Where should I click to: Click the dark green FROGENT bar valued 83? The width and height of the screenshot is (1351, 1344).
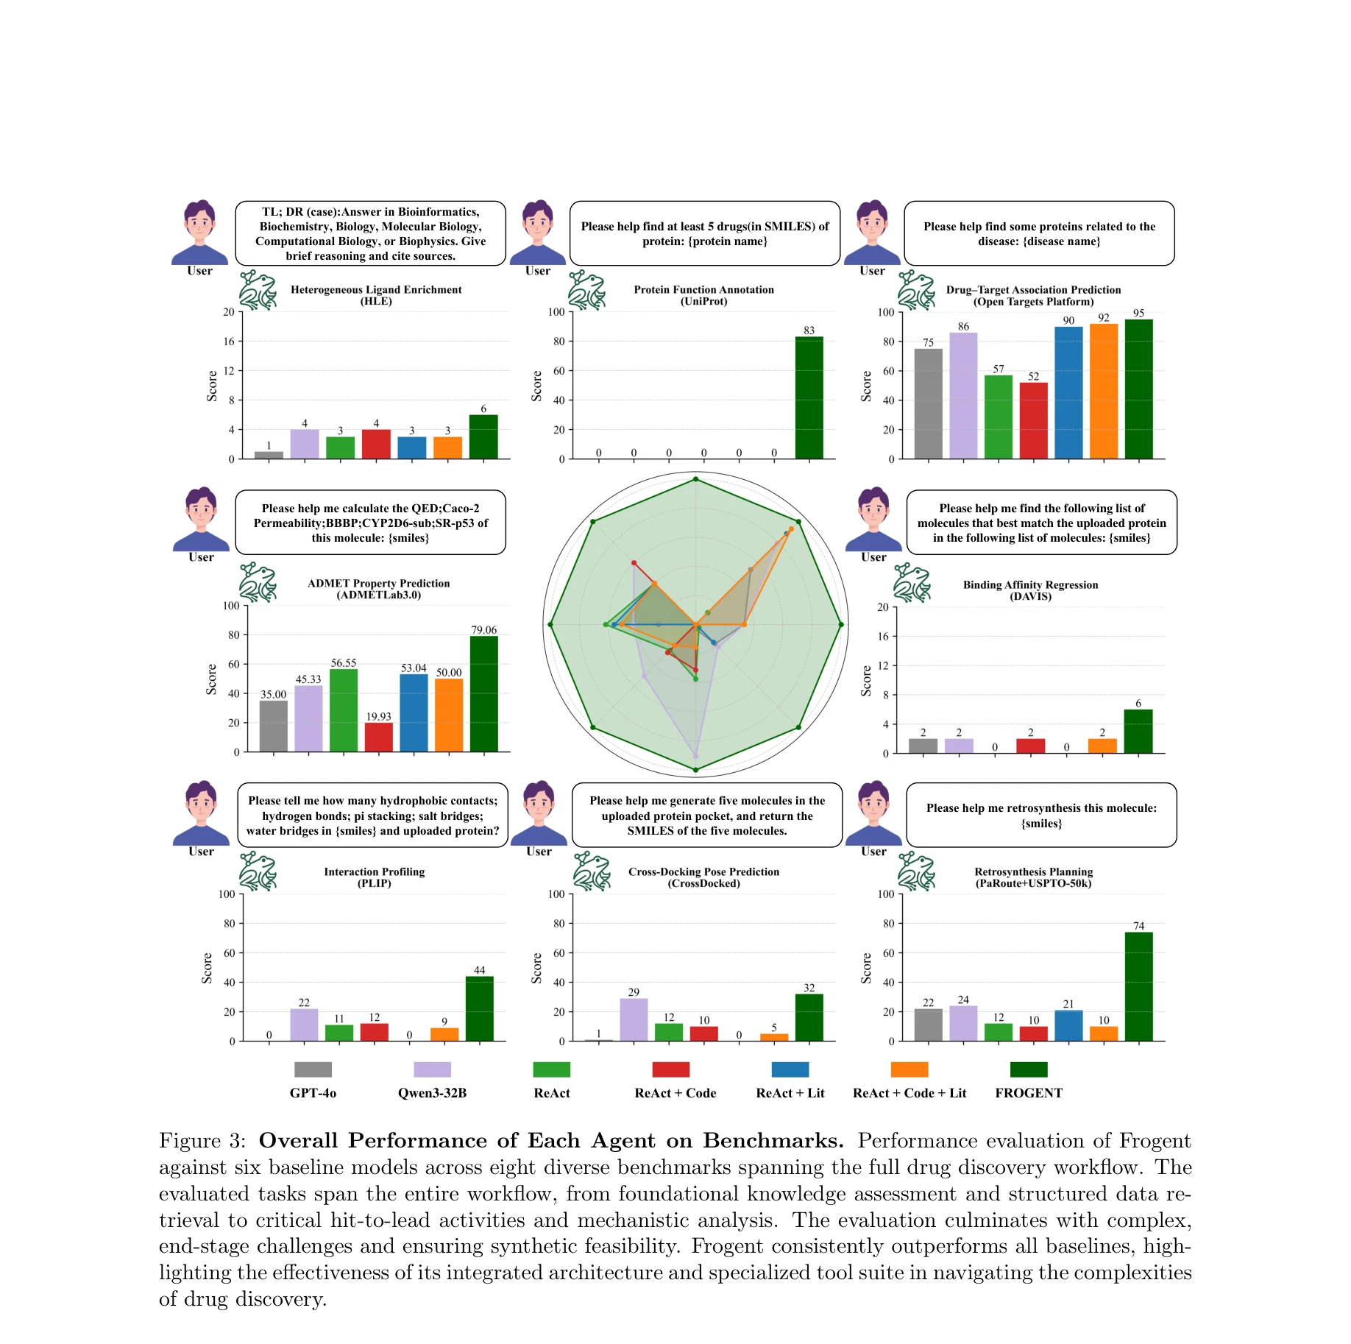point(809,397)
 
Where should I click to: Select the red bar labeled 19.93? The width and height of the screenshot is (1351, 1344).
point(378,737)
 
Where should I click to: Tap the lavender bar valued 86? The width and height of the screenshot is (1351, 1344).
point(963,396)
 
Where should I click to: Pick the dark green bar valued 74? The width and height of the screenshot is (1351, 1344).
point(1138,986)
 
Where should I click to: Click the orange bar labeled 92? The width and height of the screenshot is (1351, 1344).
point(1103,392)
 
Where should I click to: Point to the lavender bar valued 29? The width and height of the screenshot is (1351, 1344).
point(634,1019)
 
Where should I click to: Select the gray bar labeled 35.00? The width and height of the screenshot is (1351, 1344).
point(273,726)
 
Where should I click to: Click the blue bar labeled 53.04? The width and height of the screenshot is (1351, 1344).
point(414,712)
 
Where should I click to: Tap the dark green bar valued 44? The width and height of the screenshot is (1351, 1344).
point(479,1008)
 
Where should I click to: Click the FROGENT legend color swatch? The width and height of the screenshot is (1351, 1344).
point(1028,1069)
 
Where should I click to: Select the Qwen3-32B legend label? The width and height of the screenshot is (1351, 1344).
point(432,1093)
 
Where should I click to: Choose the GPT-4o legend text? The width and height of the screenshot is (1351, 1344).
point(313,1093)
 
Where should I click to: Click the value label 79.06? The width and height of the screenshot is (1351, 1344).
point(483,630)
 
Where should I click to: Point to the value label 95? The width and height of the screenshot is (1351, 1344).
point(1138,314)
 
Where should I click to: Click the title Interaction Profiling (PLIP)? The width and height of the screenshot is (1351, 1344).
point(374,877)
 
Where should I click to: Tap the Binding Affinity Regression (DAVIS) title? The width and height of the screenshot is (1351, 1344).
point(1030,590)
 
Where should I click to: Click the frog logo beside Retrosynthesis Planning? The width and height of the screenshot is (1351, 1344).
point(916,871)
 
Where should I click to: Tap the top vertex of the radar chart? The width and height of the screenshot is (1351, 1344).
point(695,480)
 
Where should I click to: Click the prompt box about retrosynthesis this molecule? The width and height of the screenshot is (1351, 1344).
point(1040,815)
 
